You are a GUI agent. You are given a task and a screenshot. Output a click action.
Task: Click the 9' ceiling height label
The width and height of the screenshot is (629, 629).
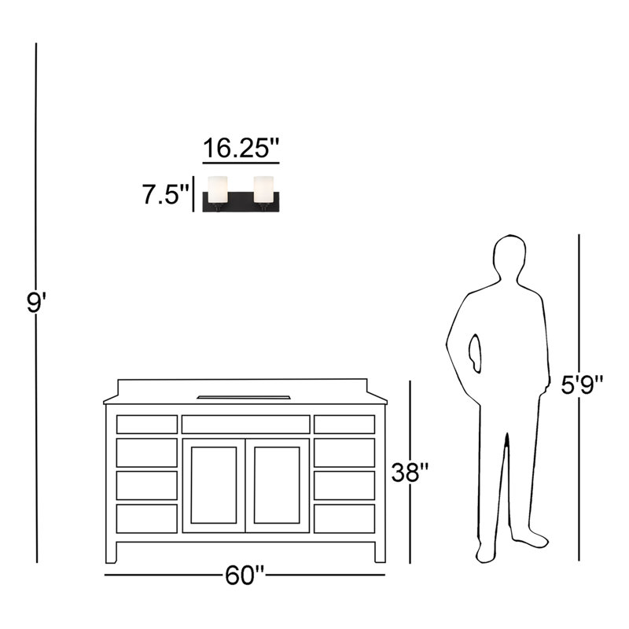36,303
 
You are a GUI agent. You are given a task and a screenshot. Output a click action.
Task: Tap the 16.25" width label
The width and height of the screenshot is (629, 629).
241,148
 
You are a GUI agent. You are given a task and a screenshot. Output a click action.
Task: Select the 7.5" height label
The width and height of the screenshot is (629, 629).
166,194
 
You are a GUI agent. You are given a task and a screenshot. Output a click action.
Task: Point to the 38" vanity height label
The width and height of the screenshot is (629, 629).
410,473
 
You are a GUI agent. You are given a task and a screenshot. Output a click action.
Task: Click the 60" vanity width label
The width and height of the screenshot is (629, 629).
245,576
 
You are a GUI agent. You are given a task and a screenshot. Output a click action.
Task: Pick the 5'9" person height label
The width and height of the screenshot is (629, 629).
582,385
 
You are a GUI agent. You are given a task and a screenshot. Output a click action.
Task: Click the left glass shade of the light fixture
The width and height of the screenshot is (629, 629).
218,189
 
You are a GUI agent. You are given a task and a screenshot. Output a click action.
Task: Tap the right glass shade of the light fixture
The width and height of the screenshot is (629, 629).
263,189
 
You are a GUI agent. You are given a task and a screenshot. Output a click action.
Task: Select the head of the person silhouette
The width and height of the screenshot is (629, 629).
509,257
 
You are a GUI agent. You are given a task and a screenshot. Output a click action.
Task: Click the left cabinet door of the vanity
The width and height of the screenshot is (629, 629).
214,485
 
